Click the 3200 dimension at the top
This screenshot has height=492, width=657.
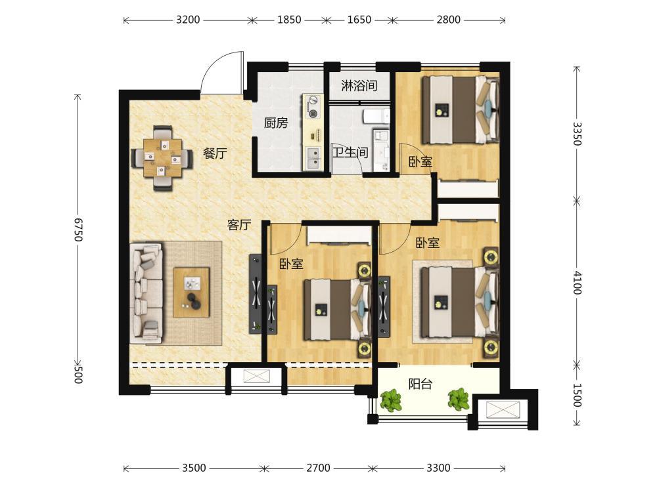coord(188,20)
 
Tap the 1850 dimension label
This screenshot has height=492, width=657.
coord(289,20)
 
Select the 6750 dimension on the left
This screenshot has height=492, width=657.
coord(78,229)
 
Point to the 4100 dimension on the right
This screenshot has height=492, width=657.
coord(577,282)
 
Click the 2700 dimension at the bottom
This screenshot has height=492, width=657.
coord(318,468)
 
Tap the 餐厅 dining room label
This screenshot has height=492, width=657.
coord(215,154)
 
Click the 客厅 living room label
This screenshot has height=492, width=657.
coord(239,225)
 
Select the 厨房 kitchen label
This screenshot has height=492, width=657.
coord(276,123)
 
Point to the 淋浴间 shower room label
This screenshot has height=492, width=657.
coord(359,86)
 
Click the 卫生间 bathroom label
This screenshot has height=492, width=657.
coord(350,152)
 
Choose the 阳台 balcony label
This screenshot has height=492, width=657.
coord(420,384)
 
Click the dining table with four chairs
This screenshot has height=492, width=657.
coord(162,157)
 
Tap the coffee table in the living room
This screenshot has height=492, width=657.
coord(191,292)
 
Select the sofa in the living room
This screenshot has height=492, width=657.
coord(147,293)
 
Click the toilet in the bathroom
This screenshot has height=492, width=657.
coord(375,116)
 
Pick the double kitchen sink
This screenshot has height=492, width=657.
coord(312,159)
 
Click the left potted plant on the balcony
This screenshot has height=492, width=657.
coord(390,400)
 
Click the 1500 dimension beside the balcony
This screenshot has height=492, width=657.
coord(577,395)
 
